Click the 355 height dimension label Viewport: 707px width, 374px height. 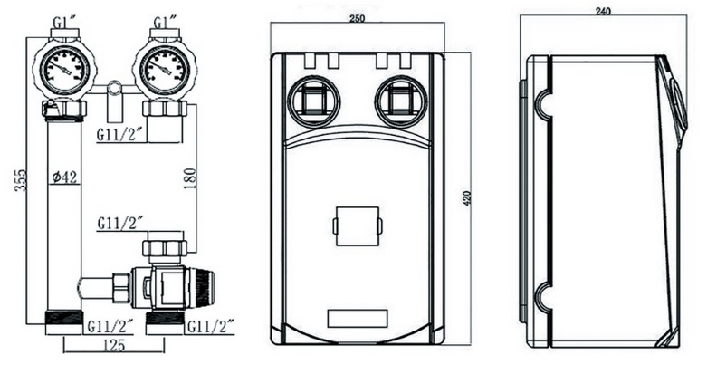21,180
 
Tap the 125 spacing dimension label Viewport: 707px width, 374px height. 113,346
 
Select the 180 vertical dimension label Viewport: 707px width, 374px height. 190,178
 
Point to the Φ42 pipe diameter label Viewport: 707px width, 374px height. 64,177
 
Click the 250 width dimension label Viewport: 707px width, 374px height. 357,19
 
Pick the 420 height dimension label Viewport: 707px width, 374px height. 467,199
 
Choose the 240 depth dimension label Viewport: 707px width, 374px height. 603,12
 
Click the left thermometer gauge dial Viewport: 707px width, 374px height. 65,69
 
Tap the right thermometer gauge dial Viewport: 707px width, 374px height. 166,69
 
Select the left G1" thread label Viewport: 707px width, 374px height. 64,22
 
